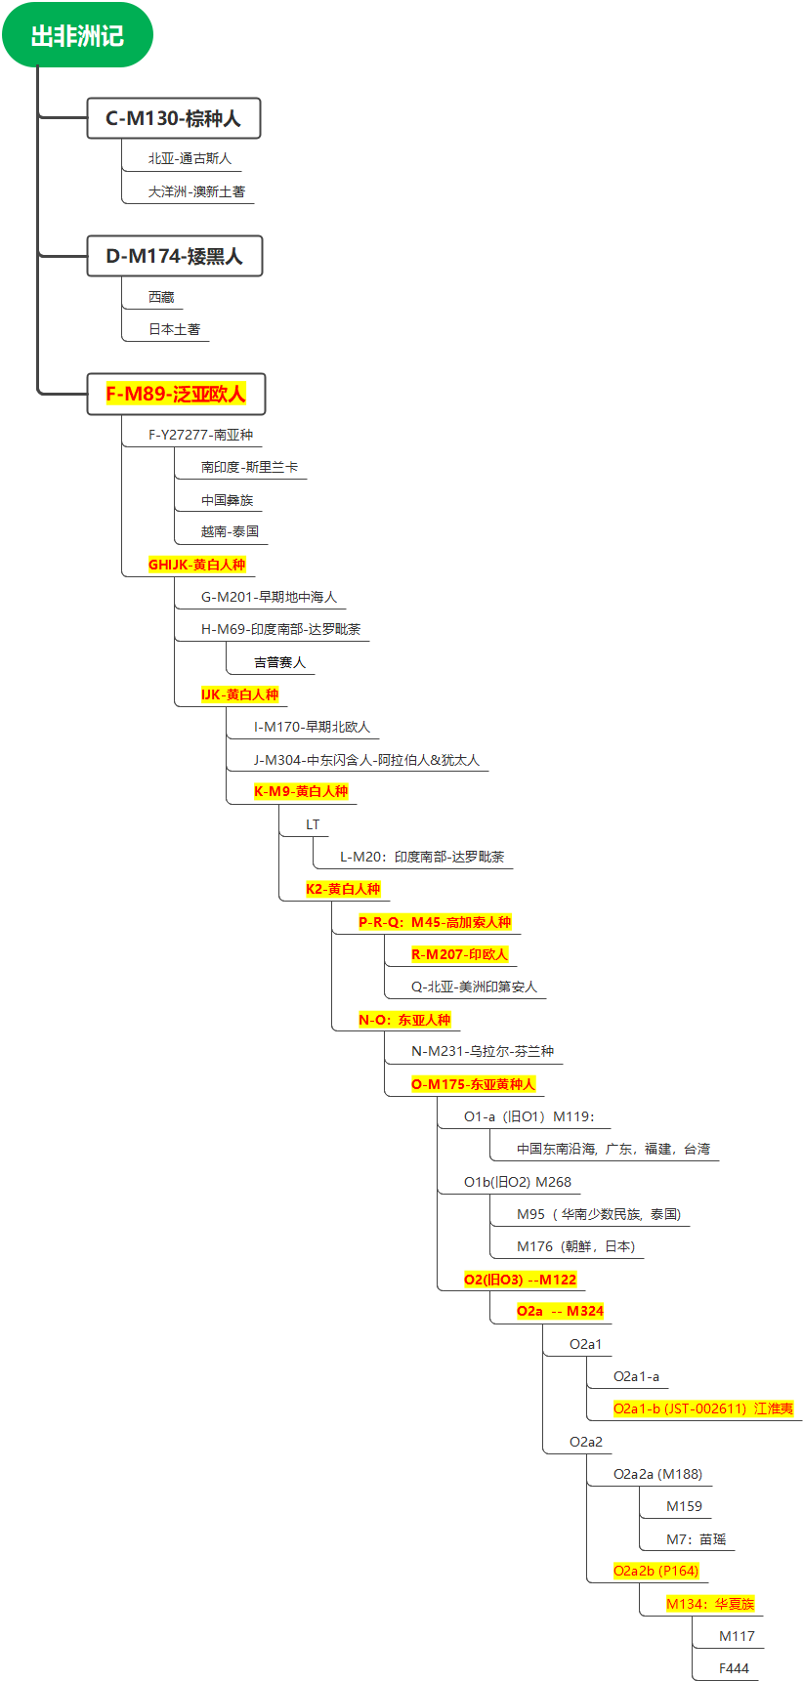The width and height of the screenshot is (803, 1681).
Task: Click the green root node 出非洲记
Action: [77, 36]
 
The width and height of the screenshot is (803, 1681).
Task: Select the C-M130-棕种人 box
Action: [173, 118]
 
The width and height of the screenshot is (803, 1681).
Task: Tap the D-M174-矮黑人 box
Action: [174, 256]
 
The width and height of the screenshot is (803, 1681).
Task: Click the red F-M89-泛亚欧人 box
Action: [176, 394]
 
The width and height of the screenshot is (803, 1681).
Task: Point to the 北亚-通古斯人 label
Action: [190, 158]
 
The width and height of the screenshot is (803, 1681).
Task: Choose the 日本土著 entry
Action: [174, 329]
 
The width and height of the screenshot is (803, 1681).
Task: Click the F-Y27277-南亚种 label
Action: [200, 435]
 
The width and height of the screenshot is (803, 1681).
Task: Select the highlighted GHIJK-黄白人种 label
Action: [196, 565]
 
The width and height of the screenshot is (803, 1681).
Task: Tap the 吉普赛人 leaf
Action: [279, 662]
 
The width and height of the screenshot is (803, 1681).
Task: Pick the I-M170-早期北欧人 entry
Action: [312, 727]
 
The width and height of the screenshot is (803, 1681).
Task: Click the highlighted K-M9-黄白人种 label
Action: [301, 791]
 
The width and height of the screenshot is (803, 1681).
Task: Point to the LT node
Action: [313, 824]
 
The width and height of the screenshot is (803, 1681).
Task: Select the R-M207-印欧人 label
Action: [459, 954]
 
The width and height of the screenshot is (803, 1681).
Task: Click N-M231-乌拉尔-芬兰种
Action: [483, 1051]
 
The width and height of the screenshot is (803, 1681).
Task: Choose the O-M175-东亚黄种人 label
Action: [473, 1084]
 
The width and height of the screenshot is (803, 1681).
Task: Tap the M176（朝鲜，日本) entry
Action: [575, 1246]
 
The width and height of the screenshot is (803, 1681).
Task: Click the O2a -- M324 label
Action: [560, 1311]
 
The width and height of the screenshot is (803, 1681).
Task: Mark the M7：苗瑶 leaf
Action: [696, 1539]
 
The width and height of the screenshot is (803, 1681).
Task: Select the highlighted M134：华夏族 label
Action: [710, 1604]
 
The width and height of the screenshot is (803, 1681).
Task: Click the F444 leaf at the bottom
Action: [734, 1668]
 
